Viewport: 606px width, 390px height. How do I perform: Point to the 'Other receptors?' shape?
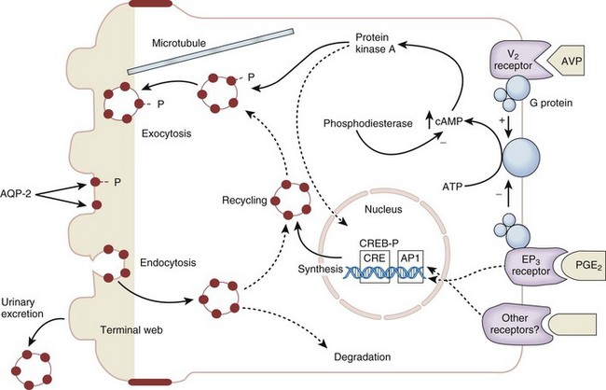515,324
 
